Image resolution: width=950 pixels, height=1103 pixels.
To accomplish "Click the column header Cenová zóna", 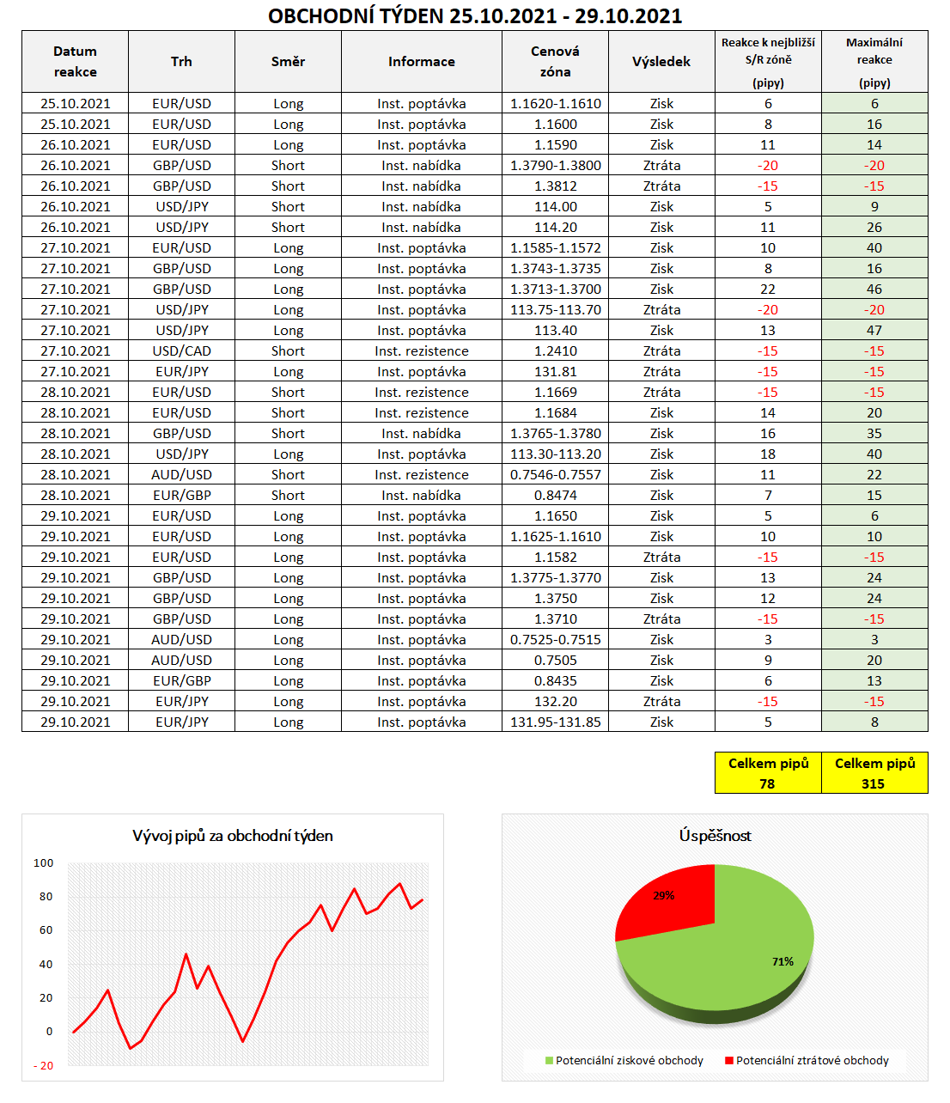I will coord(555,62).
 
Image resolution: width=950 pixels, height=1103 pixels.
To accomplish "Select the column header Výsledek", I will coord(661,62).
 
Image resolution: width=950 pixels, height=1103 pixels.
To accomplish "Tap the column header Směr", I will coord(288,62).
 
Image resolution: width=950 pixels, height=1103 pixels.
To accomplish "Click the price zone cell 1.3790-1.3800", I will coord(555,166).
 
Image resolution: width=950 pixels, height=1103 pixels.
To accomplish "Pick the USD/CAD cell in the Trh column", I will coord(181,351).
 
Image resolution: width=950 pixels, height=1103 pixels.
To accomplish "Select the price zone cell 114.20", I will coord(555,228).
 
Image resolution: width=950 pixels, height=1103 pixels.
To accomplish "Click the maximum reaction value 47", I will coord(874,331).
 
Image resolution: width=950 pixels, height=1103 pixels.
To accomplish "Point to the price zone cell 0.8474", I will coord(555,496).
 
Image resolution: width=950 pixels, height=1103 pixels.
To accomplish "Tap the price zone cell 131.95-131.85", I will coord(555,722).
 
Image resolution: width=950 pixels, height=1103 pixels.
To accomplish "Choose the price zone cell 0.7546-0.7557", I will coord(555,475).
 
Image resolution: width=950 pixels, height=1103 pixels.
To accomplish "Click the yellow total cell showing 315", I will coord(874,773).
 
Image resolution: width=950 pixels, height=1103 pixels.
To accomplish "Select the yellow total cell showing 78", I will coord(768,773).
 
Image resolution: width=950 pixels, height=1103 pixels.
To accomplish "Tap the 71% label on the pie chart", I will coord(783,962).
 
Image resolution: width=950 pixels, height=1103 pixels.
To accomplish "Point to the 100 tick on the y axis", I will coord(43,863).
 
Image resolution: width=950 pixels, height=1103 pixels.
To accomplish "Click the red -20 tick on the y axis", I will coord(43,1066).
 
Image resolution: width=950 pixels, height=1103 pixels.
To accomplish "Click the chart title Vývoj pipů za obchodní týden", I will coord(233,836).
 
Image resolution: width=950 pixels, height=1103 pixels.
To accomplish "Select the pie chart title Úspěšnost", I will coord(715,836).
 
